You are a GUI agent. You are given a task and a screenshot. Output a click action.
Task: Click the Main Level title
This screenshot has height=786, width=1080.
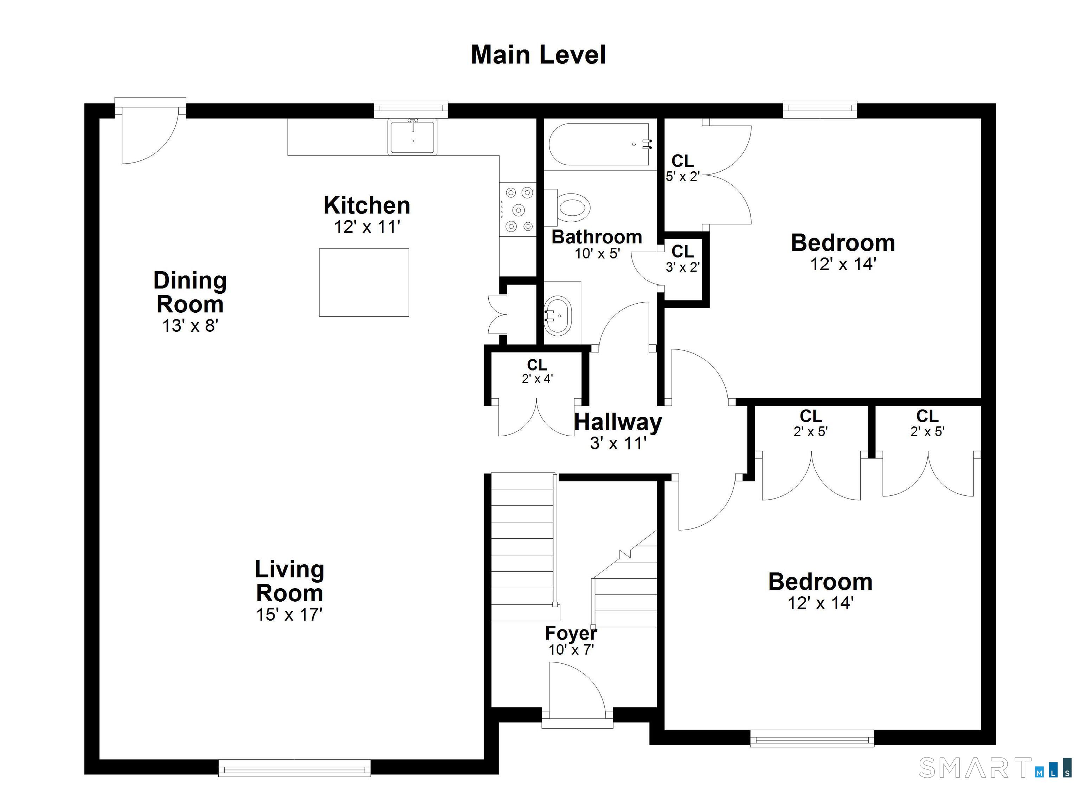click(538, 55)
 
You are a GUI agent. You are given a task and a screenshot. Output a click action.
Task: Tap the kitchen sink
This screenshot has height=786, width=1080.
click(412, 137)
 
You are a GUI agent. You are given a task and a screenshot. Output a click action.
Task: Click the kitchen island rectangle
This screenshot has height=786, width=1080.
click(364, 282)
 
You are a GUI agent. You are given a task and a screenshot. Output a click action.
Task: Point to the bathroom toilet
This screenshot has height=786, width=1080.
click(568, 207)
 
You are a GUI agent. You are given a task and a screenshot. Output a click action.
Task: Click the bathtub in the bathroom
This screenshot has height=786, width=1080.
click(599, 144)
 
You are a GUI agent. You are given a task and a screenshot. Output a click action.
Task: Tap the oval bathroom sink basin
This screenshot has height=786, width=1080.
click(557, 315)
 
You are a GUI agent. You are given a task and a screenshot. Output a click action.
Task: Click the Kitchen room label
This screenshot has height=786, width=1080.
click(367, 205)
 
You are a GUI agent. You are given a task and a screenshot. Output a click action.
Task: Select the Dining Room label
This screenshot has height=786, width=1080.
click(190, 292)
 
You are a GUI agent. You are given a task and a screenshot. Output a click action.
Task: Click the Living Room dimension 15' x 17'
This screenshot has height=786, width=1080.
click(290, 614)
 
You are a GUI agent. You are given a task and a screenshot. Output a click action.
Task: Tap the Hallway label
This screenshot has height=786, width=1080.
click(618, 422)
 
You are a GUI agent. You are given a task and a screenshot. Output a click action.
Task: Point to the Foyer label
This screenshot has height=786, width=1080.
click(571, 633)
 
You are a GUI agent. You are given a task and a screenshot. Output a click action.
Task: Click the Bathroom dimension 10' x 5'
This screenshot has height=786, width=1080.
click(597, 254)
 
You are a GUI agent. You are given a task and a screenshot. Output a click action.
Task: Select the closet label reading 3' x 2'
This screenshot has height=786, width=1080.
click(682, 267)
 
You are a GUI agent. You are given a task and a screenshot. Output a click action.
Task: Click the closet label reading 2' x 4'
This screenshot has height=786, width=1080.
click(537, 379)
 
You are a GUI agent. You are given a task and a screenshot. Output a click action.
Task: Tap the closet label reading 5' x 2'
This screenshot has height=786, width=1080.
click(682, 176)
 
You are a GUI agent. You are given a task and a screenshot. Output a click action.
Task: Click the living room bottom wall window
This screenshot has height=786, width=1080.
click(294, 768)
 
